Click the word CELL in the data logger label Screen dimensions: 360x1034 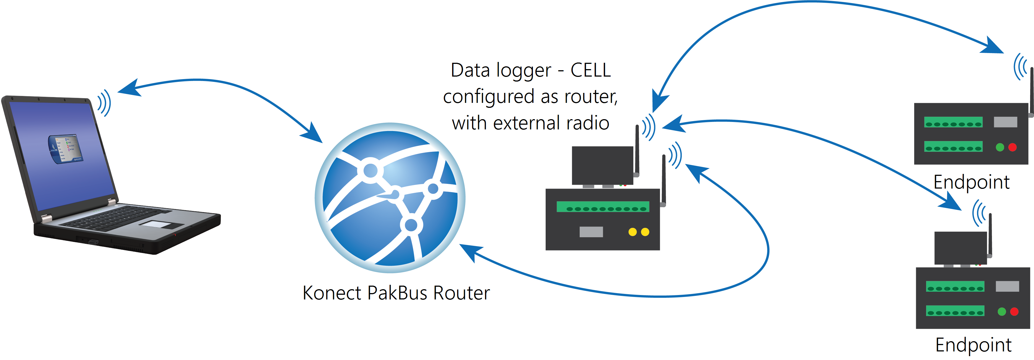tap(590, 71)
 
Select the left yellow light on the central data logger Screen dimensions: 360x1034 tap(632, 232)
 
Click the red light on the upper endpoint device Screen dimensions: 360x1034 tap(1012, 147)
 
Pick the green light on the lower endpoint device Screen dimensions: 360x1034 tap(1001, 311)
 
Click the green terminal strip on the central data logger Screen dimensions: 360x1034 tap(602, 207)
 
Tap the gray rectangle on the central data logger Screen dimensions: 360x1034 tap(591, 232)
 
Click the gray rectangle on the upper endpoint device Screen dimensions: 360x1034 tap(1005, 122)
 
